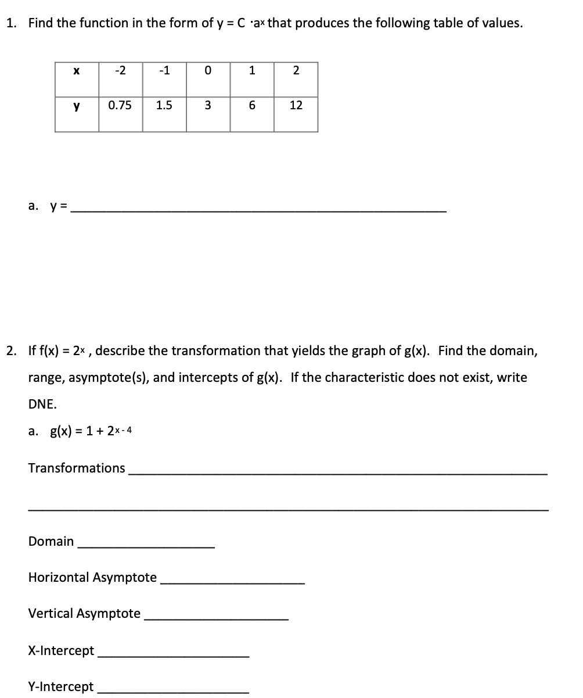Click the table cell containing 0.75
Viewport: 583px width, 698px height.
point(120,106)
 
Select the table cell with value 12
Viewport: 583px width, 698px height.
point(296,106)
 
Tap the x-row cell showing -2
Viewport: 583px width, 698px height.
point(120,71)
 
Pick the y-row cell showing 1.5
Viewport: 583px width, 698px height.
point(164,106)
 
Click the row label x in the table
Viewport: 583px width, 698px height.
point(77,71)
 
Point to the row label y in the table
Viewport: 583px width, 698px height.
point(77,106)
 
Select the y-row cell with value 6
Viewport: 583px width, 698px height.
point(252,106)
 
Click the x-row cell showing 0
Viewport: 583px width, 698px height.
point(208,71)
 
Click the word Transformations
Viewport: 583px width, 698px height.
point(77,468)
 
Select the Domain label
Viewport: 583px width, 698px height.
point(51,541)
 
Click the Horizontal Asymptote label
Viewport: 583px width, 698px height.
point(92,577)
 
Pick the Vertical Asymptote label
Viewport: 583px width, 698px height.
point(84,613)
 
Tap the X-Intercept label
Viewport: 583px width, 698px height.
point(61,650)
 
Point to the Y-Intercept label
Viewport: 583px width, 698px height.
point(61,686)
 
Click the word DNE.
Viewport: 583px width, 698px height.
point(42,404)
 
